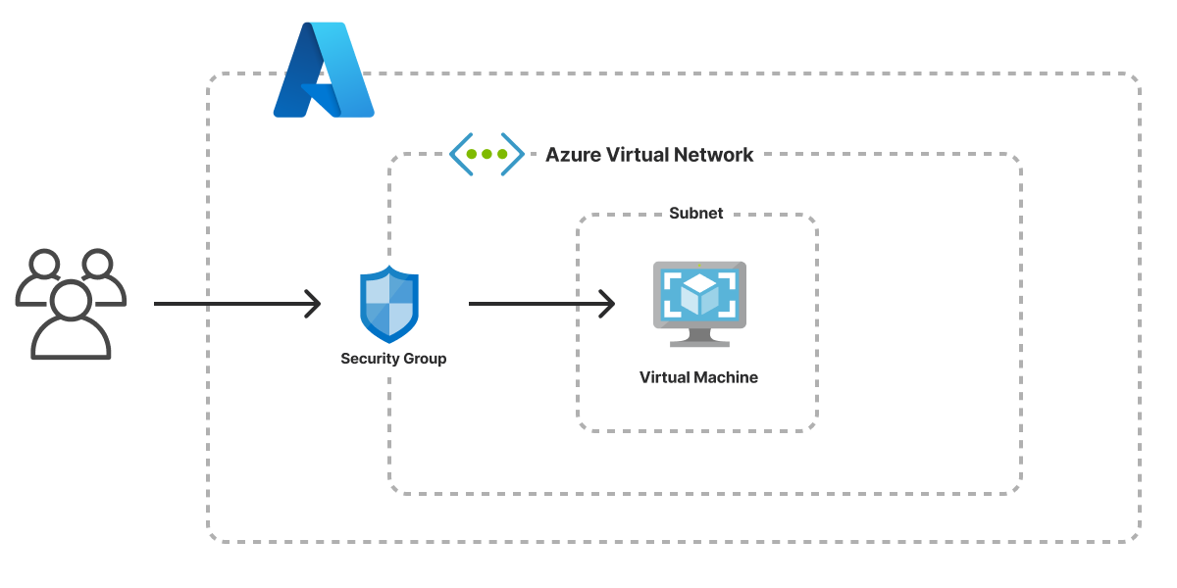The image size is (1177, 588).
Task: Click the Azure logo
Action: (x=323, y=71)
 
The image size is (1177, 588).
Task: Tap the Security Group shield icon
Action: (x=389, y=304)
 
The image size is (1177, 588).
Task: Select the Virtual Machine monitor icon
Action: (x=699, y=304)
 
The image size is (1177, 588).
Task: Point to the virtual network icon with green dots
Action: (x=486, y=154)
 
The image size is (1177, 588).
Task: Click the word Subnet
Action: (x=695, y=214)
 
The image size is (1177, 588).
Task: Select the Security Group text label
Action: (x=393, y=359)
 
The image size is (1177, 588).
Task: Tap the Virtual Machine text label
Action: (x=698, y=377)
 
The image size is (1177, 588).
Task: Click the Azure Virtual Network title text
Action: (x=649, y=155)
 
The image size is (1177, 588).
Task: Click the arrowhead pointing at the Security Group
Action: (x=313, y=304)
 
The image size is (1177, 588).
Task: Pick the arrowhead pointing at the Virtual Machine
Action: (x=607, y=304)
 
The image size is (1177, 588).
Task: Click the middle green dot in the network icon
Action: (x=486, y=154)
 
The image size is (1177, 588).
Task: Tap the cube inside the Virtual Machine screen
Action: (x=699, y=294)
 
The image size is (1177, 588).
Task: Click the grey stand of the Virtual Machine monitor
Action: (x=699, y=337)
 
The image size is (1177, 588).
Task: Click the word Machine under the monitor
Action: (x=726, y=377)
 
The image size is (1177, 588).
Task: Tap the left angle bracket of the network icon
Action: (x=458, y=154)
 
